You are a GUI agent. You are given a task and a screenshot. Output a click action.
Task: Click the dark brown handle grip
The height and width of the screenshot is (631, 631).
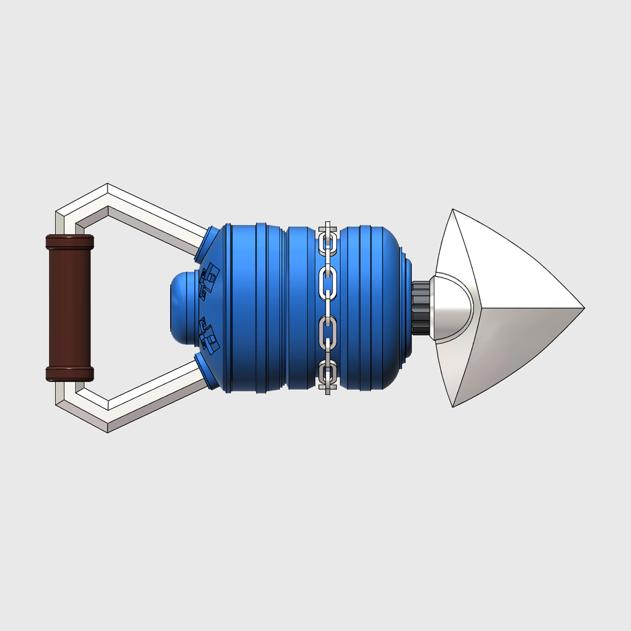pyautogui.click(x=69, y=307)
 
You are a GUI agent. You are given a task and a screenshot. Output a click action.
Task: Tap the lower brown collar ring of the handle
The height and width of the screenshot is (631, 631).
pyautogui.click(x=69, y=373)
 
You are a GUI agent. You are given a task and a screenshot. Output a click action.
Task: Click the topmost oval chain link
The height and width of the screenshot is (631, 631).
pyautogui.click(x=328, y=244)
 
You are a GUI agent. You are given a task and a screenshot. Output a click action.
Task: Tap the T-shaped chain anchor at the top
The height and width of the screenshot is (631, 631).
pyautogui.click(x=328, y=227)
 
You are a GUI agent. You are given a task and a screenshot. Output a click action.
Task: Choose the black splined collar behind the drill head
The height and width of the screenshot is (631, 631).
pyautogui.click(x=421, y=307)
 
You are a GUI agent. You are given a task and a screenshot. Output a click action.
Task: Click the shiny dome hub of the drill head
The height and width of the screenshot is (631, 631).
pyautogui.click(x=452, y=307)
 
